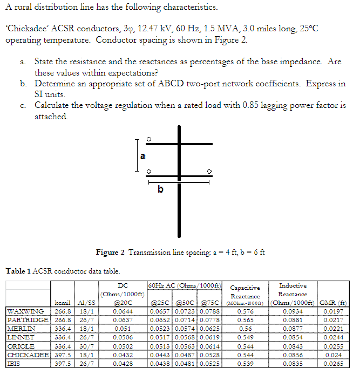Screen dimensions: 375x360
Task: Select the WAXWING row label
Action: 25,311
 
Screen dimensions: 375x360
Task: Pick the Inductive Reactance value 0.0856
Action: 293,354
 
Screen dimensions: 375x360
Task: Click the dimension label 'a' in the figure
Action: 142,156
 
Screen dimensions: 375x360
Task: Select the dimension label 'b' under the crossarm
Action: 160,189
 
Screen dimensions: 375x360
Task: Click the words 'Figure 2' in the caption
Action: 111,253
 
